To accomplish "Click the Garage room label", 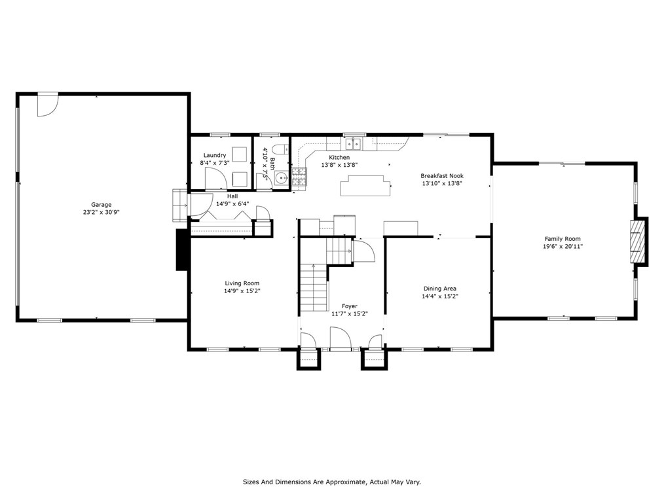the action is click(101, 204).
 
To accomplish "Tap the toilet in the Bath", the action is click(280, 150).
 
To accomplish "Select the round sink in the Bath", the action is click(281, 179).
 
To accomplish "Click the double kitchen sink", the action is click(352, 145).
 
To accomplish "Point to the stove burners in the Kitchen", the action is click(299, 177).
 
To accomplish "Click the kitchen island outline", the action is click(365, 185).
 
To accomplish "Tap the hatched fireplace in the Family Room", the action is click(636, 241).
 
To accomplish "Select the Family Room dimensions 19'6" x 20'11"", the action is click(563, 246).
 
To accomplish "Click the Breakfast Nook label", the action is click(441, 175).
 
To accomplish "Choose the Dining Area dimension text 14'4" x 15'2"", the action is click(439, 296).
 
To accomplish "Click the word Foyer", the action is click(350, 306).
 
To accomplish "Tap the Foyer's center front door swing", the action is click(340, 338).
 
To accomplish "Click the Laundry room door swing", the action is click(216, 178).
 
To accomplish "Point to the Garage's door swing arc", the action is click(47, 105).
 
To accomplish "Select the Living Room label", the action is click(242, 283).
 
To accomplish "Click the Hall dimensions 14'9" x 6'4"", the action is click(232, 204).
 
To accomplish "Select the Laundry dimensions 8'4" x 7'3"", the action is click(215, 163).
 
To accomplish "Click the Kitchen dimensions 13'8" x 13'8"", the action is click(339, 165).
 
